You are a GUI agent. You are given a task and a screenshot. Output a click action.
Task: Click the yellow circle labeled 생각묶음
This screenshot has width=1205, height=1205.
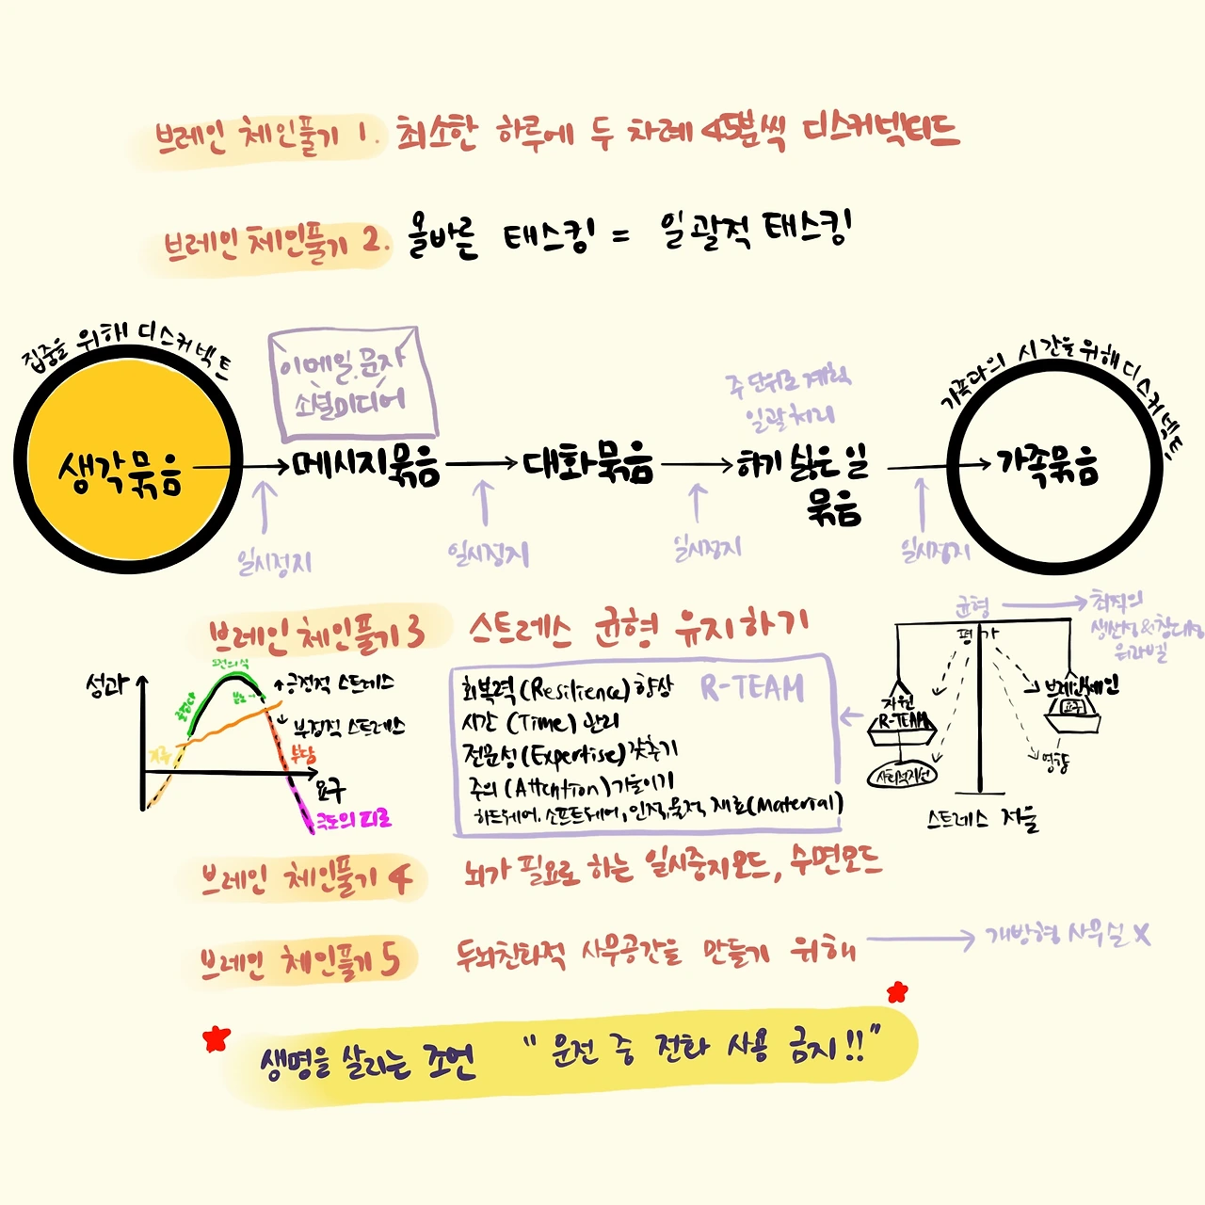[x=127, y=461]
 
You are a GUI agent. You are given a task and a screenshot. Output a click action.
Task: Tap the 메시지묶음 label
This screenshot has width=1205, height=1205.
[x=365, y=465]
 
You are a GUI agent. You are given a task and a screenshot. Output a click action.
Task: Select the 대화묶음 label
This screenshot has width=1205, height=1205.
[x=587, y=462]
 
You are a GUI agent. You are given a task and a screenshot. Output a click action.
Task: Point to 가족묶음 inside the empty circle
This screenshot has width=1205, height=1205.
[x=1048, y=464]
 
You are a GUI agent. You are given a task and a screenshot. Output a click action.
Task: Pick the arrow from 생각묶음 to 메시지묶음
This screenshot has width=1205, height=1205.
[x=243, y=466]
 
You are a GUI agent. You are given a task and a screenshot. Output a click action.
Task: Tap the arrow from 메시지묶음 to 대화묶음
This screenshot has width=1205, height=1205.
[x=482, y=463]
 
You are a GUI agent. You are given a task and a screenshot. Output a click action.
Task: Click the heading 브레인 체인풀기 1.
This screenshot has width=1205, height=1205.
[x=264, y=139]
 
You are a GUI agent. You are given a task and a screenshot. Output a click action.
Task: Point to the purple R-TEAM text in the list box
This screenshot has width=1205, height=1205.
[x=752, y=688]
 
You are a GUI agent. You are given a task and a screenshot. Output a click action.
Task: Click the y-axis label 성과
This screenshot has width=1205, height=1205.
[x=105, y=685]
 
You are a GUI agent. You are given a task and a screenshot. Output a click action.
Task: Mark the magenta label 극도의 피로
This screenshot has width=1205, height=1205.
[x=354, y=819]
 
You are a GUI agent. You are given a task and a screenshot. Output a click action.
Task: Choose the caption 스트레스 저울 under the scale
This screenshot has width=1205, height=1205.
[x=982, y=819]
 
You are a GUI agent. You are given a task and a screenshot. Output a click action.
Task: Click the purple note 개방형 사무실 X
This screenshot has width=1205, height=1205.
[x=1067, y=935]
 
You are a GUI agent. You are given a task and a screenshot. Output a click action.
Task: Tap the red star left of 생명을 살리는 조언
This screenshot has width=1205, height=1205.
[x=217, y=1038]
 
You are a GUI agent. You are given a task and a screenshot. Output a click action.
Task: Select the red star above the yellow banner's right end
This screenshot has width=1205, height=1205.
[x=897, y=991]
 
